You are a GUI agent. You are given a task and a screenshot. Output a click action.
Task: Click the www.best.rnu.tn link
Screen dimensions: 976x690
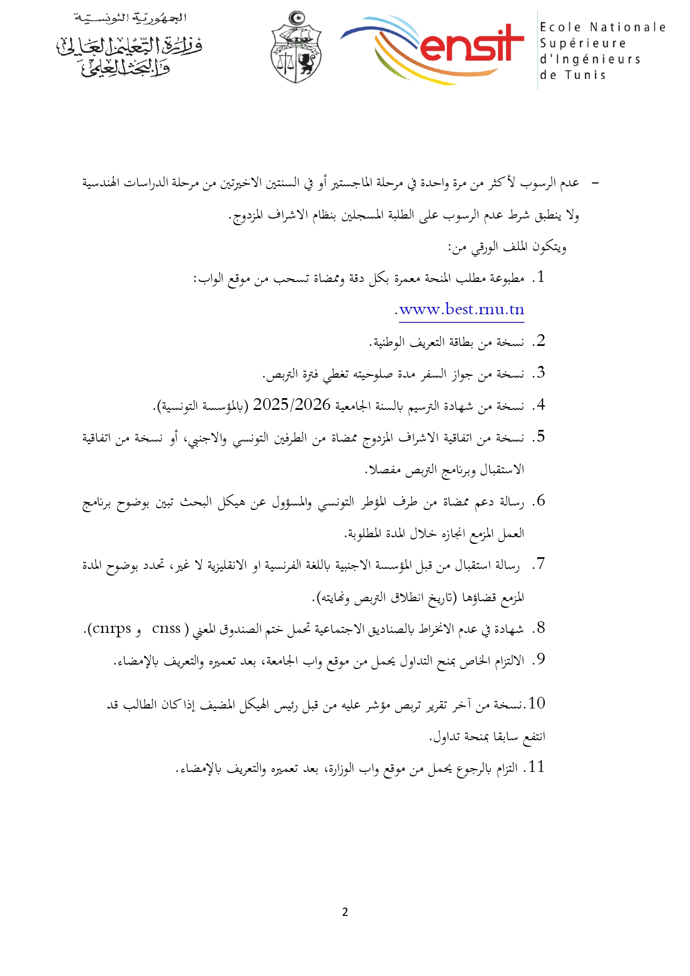pos(462,310)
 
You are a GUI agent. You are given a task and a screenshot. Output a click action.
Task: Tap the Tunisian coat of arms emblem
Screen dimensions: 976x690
pos(296,49)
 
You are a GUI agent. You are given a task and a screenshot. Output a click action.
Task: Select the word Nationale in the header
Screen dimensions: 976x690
pos(628,27)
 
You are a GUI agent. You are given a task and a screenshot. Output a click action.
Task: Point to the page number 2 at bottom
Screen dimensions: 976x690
pos(345,912)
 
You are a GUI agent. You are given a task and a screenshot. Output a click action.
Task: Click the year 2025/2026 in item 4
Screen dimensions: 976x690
pos(292,405)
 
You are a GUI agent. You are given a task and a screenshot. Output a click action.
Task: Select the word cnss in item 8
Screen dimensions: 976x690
pos(166,628)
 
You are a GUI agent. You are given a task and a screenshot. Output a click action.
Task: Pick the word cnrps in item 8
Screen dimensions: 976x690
pos(111,628)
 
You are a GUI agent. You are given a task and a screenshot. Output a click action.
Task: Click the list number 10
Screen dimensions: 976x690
pos(537,703)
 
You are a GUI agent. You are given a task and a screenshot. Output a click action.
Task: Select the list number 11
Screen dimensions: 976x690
pos(536,767)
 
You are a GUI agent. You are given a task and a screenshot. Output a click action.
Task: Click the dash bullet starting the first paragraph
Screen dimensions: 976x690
pos(594,183)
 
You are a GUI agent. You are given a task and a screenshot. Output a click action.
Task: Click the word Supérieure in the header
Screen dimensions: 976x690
pos(583,43)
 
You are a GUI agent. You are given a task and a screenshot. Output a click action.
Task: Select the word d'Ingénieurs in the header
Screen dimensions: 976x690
pos(590,59)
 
